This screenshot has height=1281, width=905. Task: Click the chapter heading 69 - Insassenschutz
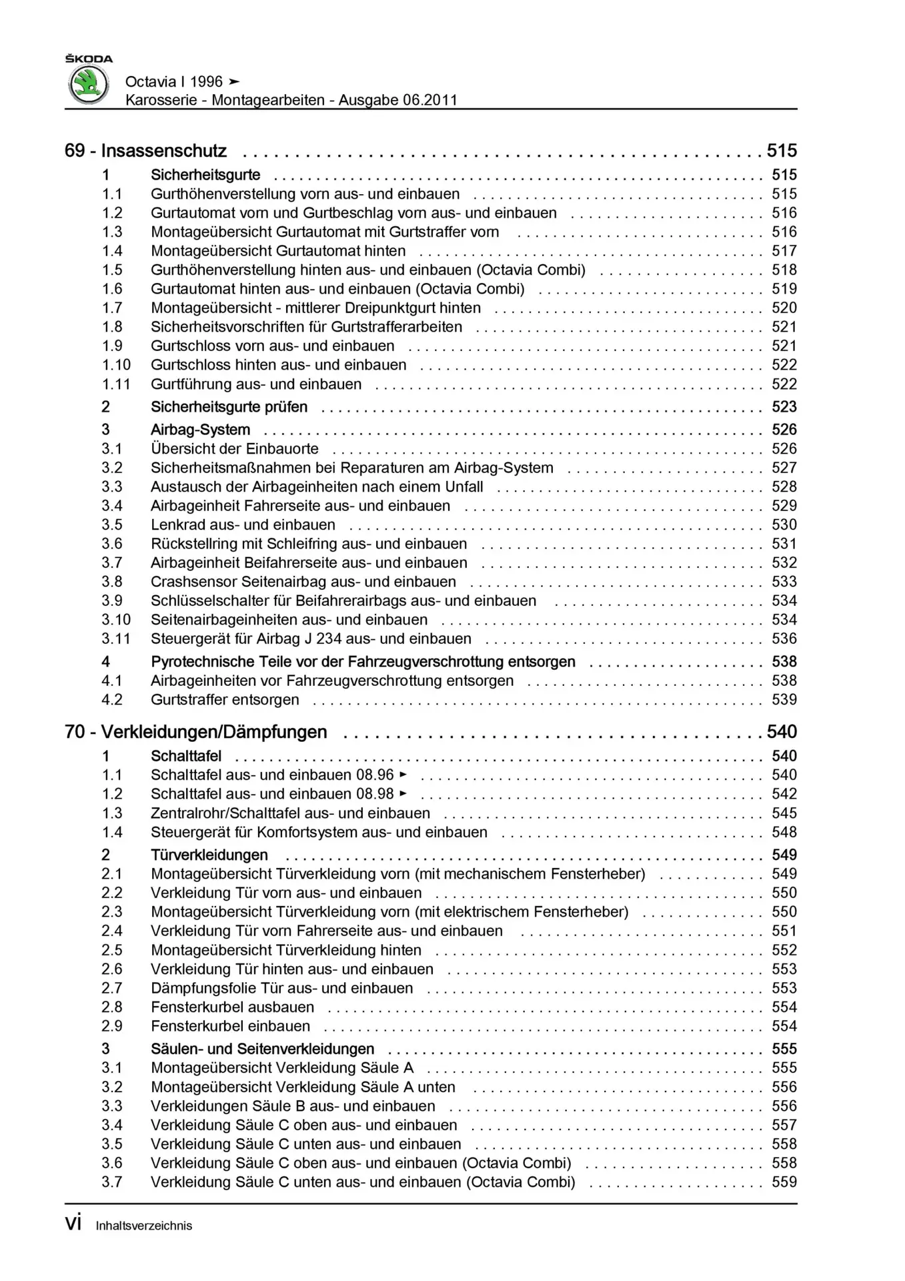pos(145,151)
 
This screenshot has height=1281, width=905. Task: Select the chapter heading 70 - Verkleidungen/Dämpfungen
pos(195,732)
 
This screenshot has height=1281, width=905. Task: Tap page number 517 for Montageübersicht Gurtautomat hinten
pos(784,251)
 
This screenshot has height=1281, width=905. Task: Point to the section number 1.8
pos(112,327)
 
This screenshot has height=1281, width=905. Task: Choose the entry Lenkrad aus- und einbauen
pos(243,524)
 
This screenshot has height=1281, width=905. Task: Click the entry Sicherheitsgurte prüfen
pos(229,407)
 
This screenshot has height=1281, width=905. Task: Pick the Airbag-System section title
pos(200,430)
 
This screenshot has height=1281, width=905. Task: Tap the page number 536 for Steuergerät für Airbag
pos(784,638)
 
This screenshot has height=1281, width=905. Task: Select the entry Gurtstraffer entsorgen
pos(225,700)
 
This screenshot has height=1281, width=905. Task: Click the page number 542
pos(784,794)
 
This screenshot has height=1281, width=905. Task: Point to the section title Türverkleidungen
pos(209,855)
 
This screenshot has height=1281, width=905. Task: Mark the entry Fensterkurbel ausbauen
pos(232,1007)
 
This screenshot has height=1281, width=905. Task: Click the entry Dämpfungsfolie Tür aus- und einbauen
pos(281,988)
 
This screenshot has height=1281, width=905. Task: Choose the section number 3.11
pos(116,638)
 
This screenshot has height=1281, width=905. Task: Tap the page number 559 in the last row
pos(784,1182)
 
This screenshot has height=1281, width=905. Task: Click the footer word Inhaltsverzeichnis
pos(143,1226)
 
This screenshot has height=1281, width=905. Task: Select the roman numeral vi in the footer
pos(73,1224)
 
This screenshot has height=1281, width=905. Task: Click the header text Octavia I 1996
pos(173,81)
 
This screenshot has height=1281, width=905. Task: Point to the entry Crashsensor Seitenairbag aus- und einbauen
pos(303,582)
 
